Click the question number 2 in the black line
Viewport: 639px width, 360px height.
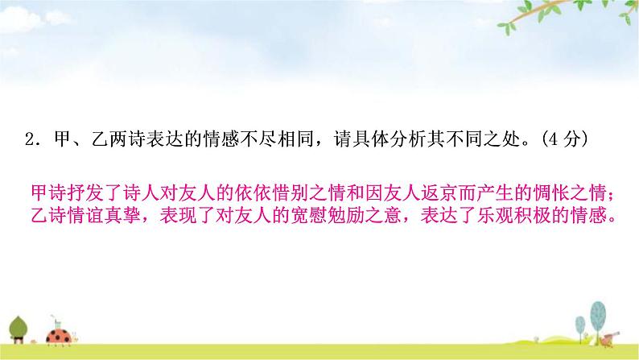[30, 139]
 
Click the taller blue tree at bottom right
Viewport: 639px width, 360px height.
[598, 317]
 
